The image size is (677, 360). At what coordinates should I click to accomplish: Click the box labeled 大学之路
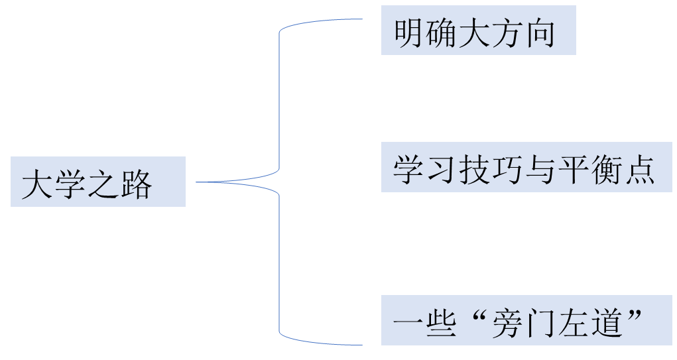[x=98, y=181]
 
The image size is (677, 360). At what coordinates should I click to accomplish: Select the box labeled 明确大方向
[x=478, y=30]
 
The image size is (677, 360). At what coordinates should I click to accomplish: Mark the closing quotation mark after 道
[x=635, y=317]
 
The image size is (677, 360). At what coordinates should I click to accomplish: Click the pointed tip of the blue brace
[x=197, y=182]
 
